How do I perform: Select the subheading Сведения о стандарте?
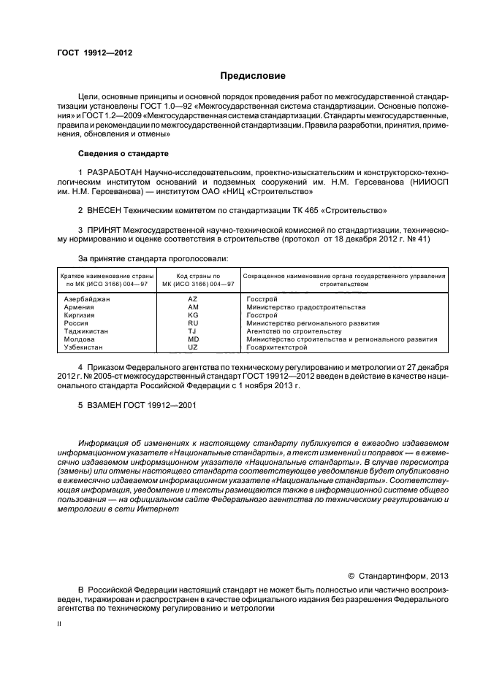tap(123, 154)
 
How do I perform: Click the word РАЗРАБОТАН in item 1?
tap(113, 172)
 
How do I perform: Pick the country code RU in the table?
tap(193, 323)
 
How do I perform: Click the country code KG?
tap(193, 315)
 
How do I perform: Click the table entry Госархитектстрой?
tap(276, 347)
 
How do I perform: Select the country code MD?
tap(193, 339)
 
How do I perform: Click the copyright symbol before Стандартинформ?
tap(351, 575)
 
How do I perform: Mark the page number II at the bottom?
tap(61, 625)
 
